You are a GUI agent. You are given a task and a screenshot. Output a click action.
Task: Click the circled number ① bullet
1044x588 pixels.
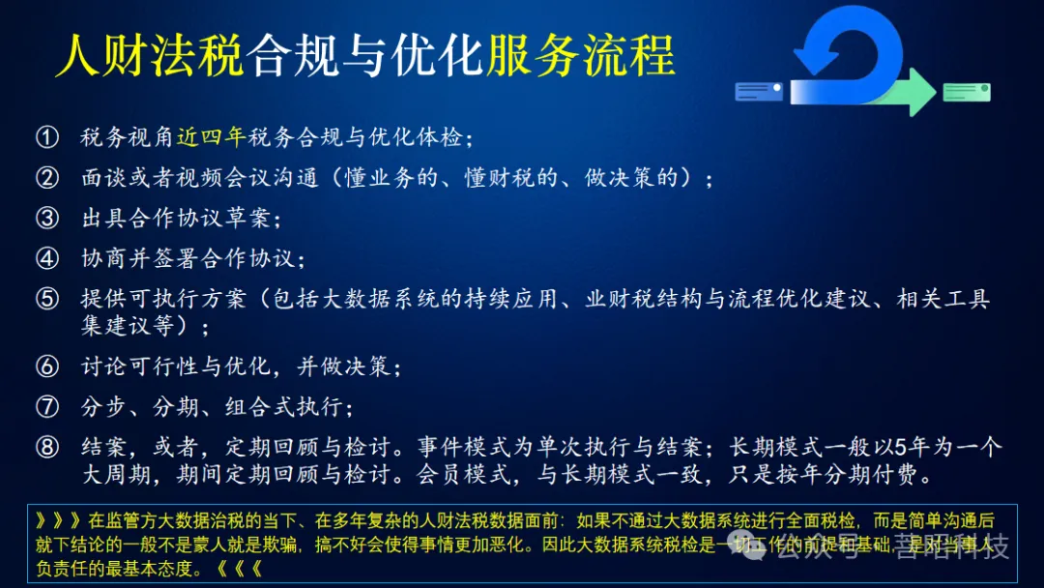coord(47,138)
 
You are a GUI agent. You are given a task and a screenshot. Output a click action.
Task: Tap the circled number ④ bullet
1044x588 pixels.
coord(47,258)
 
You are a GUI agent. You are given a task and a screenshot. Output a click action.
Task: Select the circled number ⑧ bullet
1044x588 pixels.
coord(47,448)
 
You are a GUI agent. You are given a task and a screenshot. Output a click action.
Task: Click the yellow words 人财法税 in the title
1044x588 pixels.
coord(149,56)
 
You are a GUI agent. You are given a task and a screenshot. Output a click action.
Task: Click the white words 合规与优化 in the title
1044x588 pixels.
coord(364,56)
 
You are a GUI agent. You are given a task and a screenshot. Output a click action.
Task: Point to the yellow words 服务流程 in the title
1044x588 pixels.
coord(580,56)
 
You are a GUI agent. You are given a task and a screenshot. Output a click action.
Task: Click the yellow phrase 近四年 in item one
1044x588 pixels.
coord(212,138)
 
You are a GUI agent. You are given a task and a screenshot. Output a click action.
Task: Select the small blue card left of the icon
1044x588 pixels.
coord(759,92)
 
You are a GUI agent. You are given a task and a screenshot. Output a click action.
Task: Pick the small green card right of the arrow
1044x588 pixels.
coord(967,92)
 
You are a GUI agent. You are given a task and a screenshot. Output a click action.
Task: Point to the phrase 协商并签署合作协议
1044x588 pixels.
coord(190,258)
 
